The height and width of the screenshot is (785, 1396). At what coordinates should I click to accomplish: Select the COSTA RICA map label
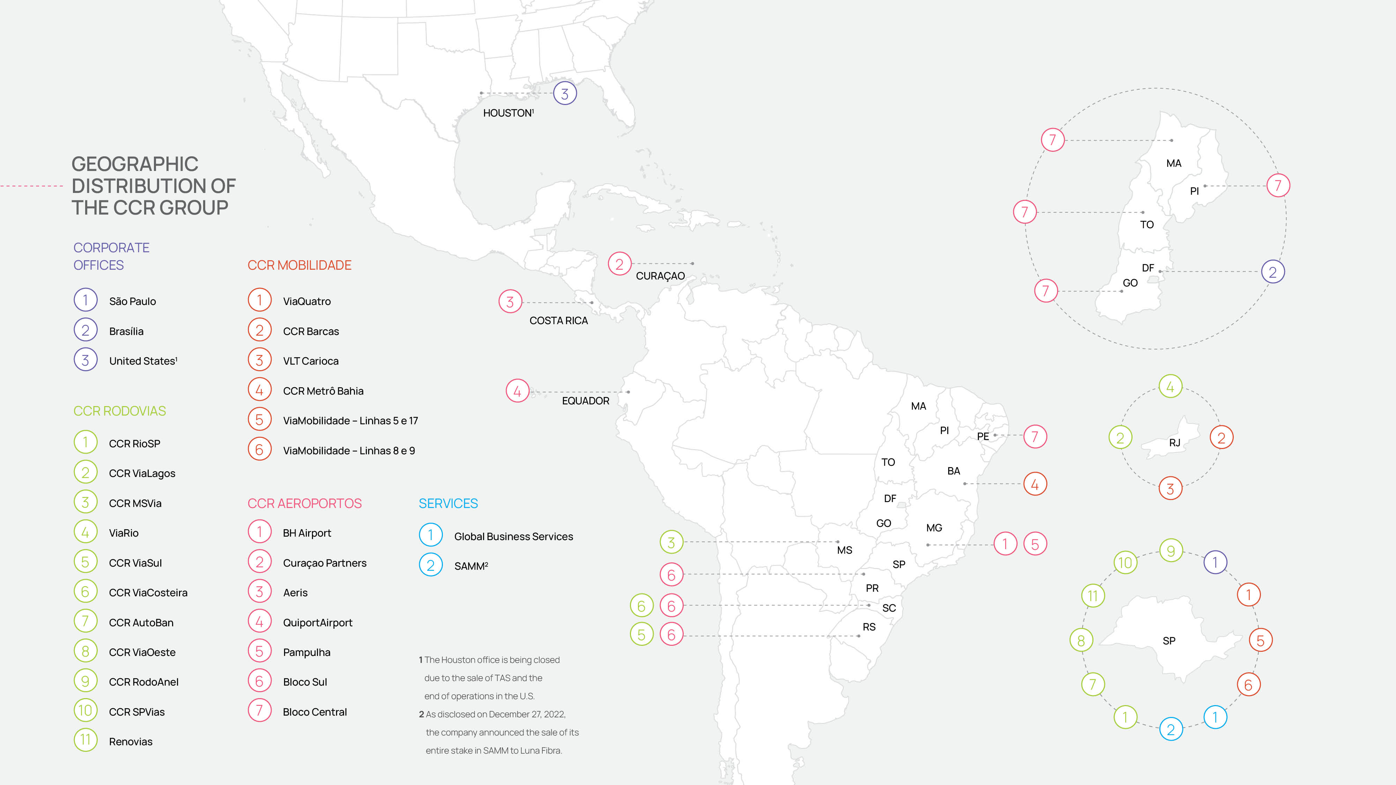coord(558,321)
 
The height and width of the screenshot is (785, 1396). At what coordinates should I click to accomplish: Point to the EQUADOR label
coord(585,401)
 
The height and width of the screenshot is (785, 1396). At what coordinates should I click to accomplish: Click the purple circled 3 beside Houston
coord(565,94)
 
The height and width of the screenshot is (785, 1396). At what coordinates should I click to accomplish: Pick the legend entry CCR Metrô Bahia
coord(323,391)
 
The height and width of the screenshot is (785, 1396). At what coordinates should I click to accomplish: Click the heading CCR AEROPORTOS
coord(305,503)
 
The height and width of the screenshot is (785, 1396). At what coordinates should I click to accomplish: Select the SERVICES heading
coord(448,503)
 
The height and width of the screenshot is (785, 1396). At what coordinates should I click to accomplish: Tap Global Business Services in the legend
coord(513,536)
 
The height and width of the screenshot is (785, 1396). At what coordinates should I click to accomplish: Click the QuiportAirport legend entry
coord(318,622)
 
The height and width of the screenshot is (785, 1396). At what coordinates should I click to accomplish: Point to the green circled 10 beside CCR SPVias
coord(86,711)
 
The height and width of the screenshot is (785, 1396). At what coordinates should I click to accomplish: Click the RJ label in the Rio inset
coord(1174,443)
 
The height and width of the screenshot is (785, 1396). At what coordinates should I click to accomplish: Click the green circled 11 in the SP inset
coord(1092,596)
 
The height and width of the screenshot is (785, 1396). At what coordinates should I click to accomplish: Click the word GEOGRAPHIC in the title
coord(135,164)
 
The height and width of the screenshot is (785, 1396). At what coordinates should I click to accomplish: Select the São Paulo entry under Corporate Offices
coord(132,301)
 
